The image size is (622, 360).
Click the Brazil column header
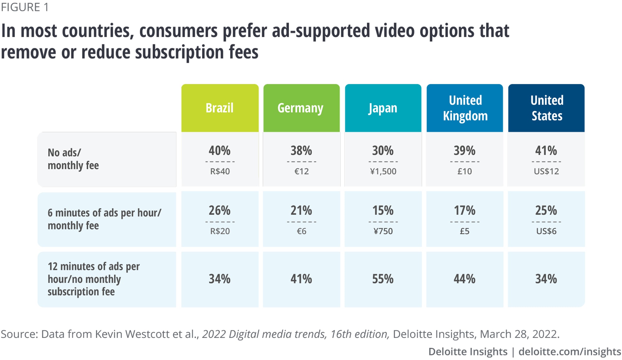[220, 108]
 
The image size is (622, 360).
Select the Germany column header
[300, 108]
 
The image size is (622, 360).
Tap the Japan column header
[383, 108]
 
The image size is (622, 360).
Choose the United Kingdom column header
[465, 108]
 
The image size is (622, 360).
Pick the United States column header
[547, 108]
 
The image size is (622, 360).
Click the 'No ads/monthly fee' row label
[73, 159]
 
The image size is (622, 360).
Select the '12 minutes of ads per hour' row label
[93, 279]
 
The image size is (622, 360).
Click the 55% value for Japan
[383, 279]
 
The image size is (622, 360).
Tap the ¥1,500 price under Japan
[383, 171]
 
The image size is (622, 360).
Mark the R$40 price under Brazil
[220, 171]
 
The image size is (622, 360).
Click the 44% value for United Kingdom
[465, 279]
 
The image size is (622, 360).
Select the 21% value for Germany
[301, 211]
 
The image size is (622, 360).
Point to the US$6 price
[546, 231]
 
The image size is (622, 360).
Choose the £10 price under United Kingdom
[465, 171]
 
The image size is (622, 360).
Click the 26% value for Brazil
[220, 211]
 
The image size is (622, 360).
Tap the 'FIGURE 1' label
[25, 7]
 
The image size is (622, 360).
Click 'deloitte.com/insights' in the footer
[570, 352]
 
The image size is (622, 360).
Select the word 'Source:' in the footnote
[19, 334]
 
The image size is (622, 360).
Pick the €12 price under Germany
[301, 171]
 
